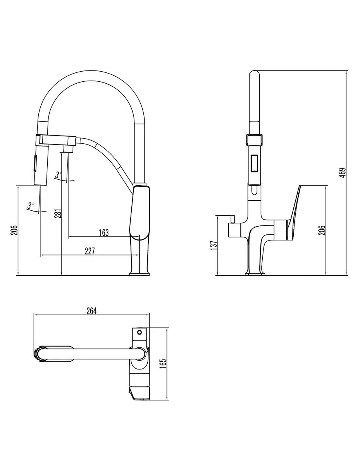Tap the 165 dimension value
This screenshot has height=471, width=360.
(x=163, y=363)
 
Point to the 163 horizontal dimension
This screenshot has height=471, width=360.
(x=104, y=233)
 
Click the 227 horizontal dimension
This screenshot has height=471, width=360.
(x=90, y=251)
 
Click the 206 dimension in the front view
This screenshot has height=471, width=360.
(x=14, y=230)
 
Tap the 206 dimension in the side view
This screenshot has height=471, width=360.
(x=322, y=230)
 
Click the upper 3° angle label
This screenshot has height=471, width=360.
(x=59, y=175)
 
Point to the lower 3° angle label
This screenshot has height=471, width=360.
(x=31, y=206)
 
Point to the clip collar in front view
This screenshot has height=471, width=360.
(x=254, y=140)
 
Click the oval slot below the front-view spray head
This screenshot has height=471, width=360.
(x=254, y=190)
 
